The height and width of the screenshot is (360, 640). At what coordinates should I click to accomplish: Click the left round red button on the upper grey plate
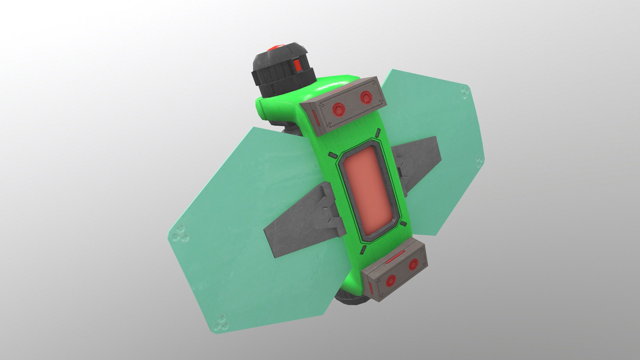(339, 108)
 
